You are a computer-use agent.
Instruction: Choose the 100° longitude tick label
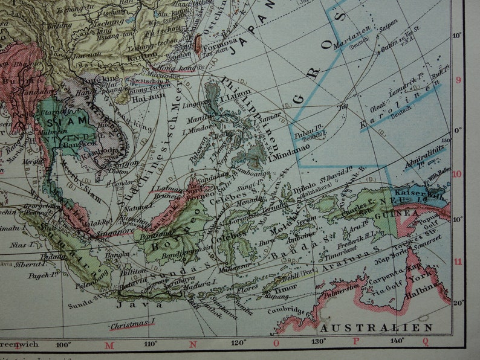63,345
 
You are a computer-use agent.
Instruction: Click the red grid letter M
109,346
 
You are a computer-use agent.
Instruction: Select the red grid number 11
458,262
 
